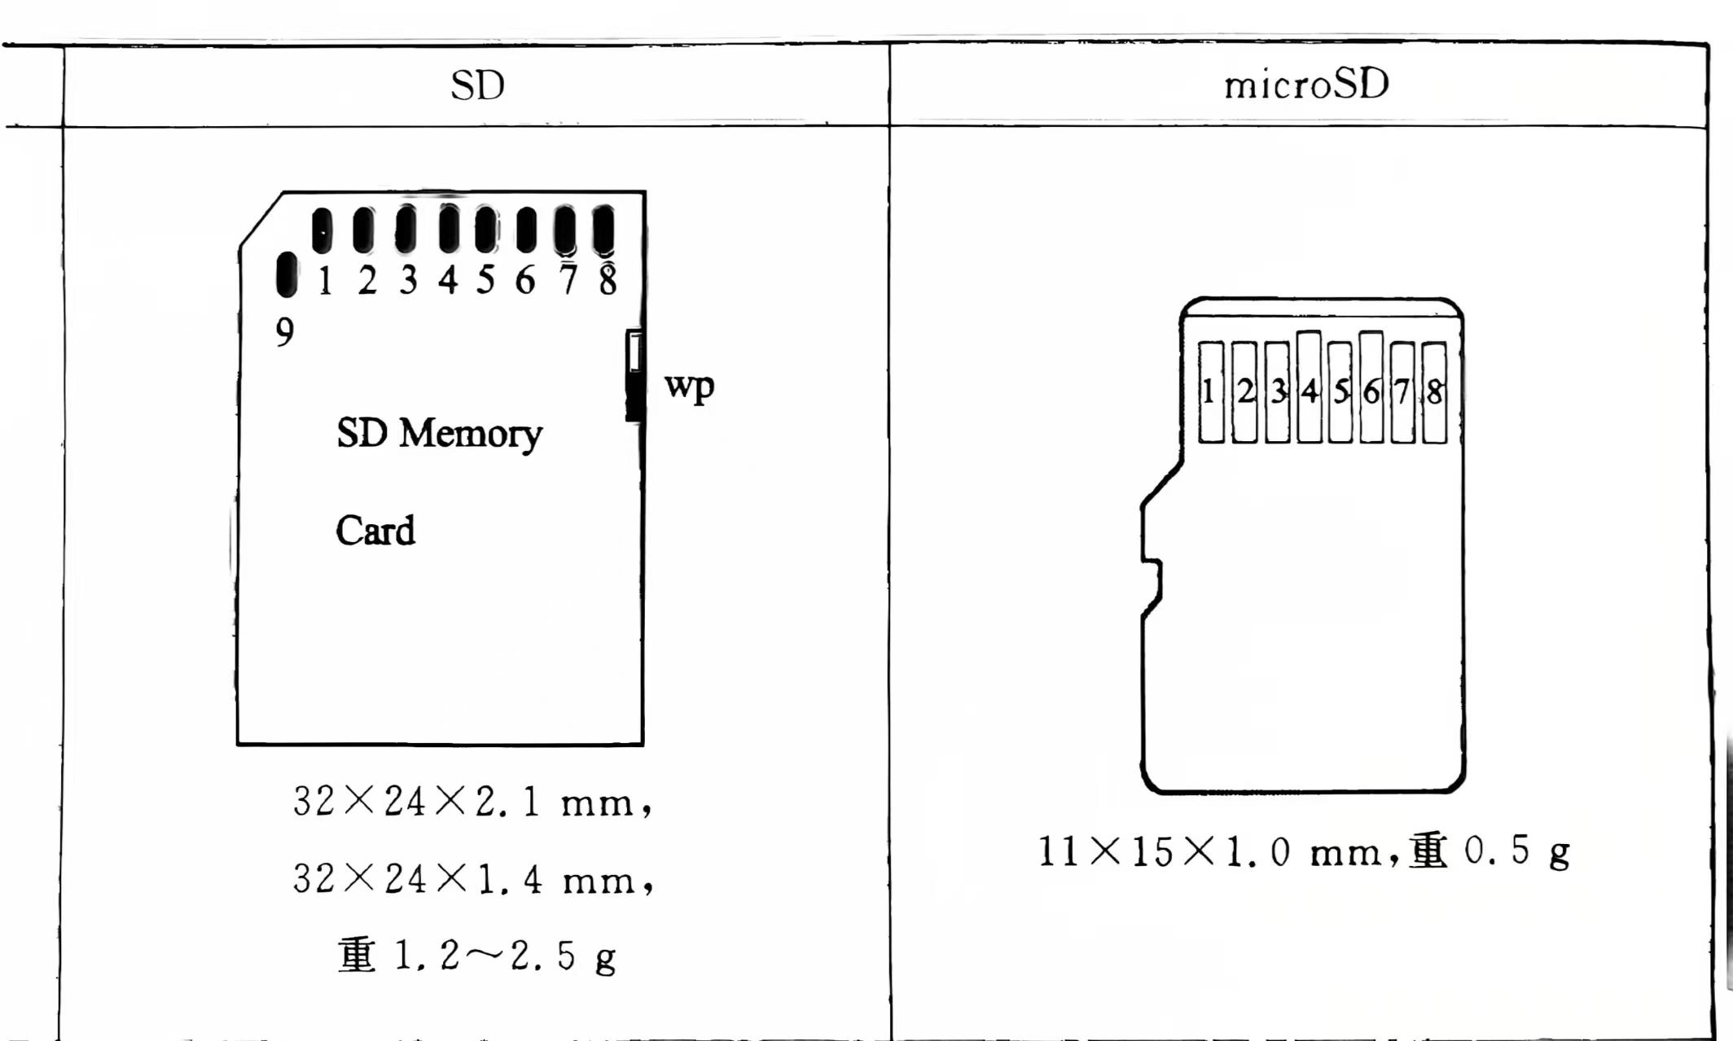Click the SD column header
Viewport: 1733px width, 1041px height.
click(477, 85)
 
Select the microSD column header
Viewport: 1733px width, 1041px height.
click(1306, 85)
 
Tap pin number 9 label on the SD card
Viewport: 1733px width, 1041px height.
click(284, 332)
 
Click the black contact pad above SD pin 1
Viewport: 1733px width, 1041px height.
click(322, 230)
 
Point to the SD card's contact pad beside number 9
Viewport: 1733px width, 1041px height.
click(287, 274)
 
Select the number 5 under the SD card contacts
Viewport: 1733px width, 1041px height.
click(486, 280)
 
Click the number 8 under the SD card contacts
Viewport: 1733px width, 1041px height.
click(608, 280)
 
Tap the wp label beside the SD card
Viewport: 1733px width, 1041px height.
click(689, 387)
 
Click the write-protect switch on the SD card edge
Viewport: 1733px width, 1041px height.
click(634, 374)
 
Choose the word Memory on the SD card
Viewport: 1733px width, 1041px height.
click(470, 434)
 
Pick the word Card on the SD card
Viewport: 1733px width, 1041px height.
click(375, 531)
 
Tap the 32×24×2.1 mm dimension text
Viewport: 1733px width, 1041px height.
click(472, 803)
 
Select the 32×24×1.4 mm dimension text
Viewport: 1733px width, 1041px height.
click(472, 879)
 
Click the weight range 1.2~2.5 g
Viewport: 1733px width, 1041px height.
click(505, 956)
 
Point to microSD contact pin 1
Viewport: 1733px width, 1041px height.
click(1211, 392)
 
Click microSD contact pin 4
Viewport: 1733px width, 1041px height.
click(1309, 387)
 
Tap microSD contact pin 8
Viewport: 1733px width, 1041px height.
click(1434, 392)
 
